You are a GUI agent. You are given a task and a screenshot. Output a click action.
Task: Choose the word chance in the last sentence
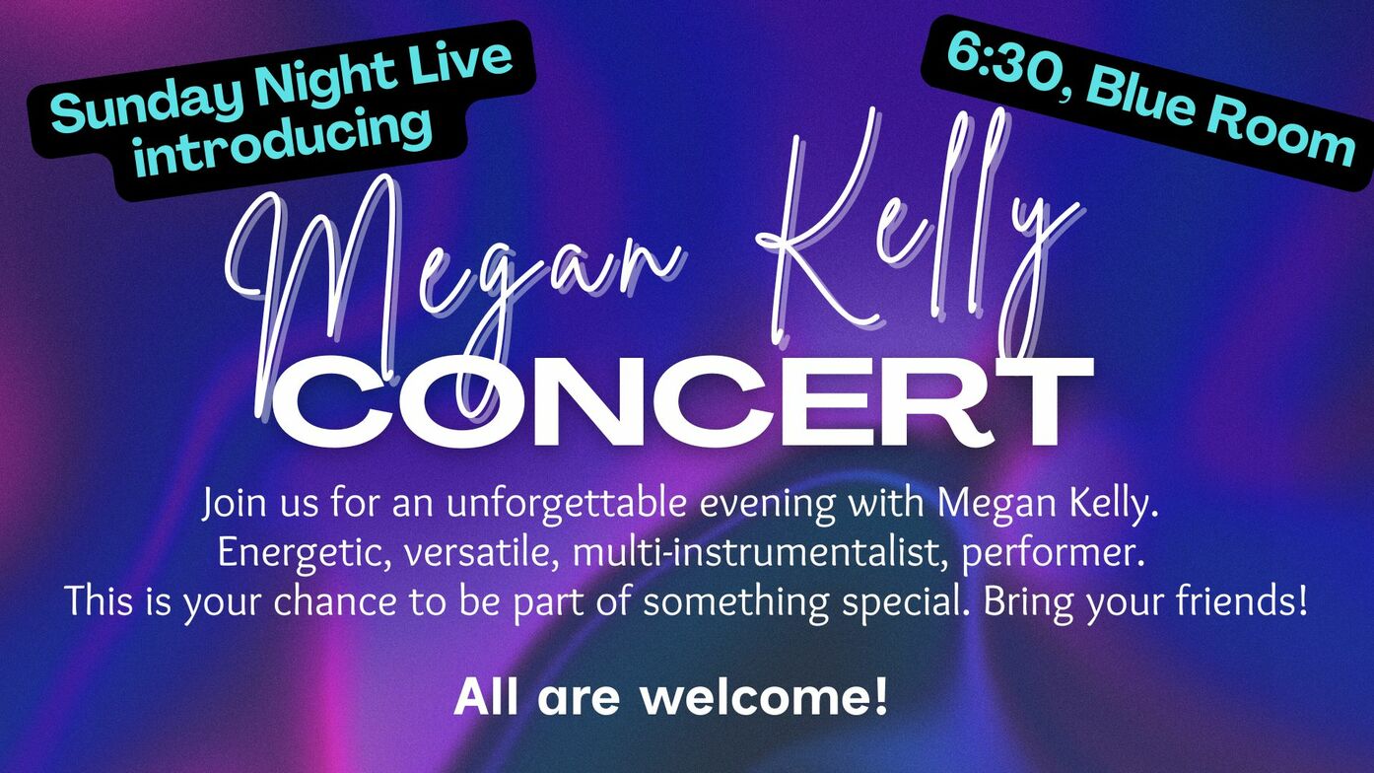coord(335,601)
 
